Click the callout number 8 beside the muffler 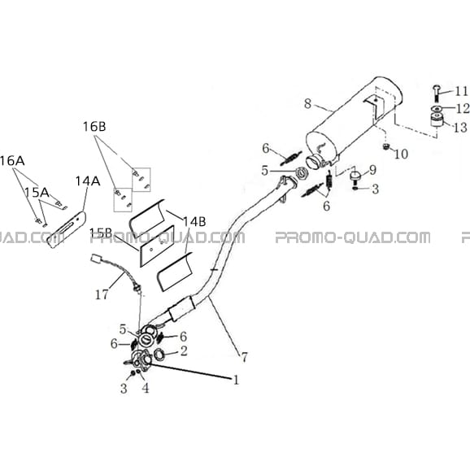pyautogui.click(x=308, y=104)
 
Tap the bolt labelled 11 pyautogui.click(x=437, y=93)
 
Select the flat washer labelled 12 pyautogui.click(x=437, y=108)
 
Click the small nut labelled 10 pyautogui.click(x=386, y=146)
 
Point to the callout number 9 pyautogui.click(x=372, y=170)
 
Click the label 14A pyautogui.click(x=88, y=181)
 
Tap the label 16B pyautogui.click(x=94, y=127)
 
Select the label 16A pyautogui.click(x=12, y=161)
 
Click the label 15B pyautogui.click(x=101, y=233)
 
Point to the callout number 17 pyautogui.click(x=102, y=294)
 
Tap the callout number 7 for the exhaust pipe pyautogui.click(x=244, y=357)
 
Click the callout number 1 pyautogui.click(x=236, y=380)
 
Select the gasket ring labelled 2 pyautogui.click(x=159, y=355)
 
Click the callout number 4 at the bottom pyautogui.click(x=145, y=388)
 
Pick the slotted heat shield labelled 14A pyautogui.click(x=67, y=230)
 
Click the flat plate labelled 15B pyautogui.click(x=156, y=246)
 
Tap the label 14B pyautogui.click(x=194, y=222)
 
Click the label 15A pyautogui.click(x=37, y=193)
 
